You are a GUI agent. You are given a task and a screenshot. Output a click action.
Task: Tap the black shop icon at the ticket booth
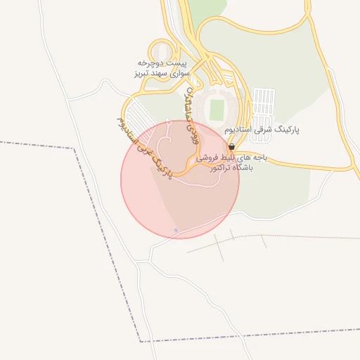(x=231, y=148)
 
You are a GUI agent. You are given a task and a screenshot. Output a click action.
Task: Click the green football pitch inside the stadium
(x=217, y=109)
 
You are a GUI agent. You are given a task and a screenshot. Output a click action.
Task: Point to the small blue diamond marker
(x=176, y=231)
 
